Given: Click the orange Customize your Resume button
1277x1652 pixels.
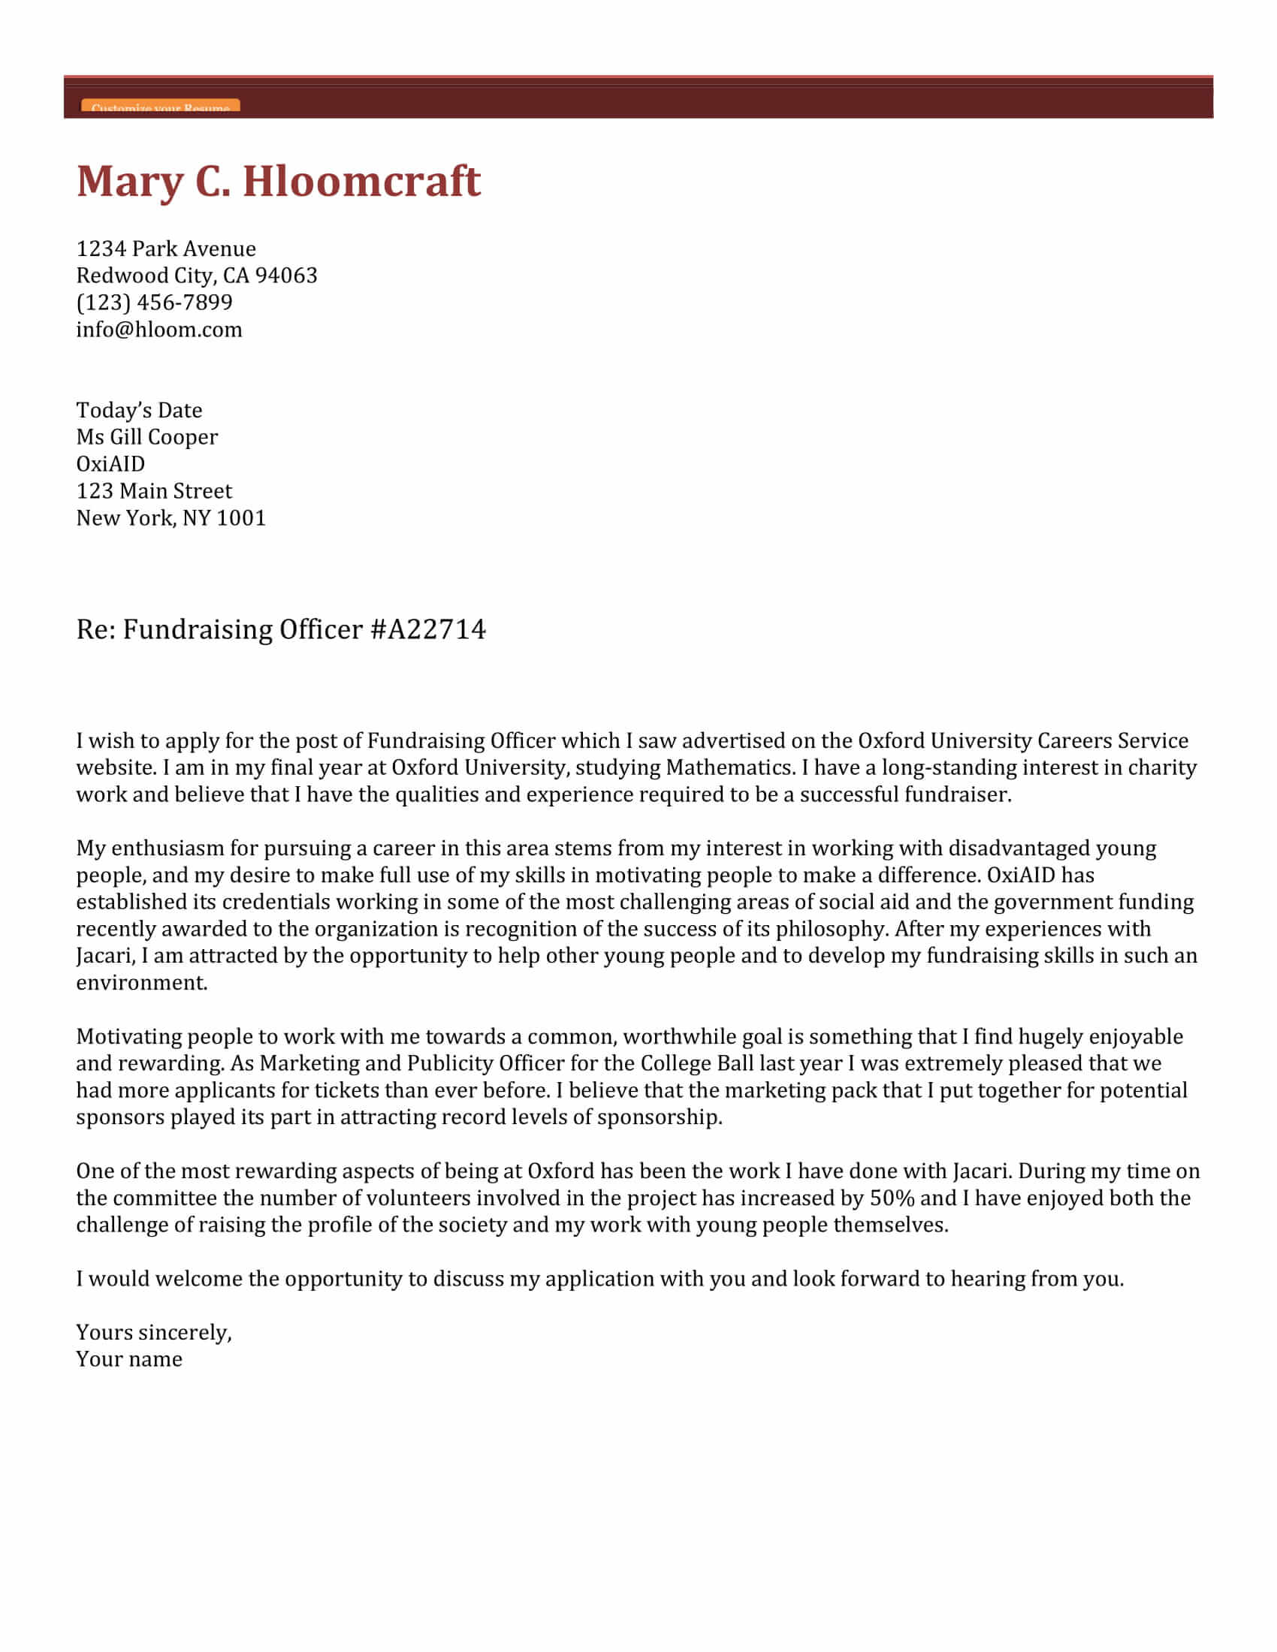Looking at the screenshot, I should (161, 106).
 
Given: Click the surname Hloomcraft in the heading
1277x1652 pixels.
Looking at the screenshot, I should (361, 182).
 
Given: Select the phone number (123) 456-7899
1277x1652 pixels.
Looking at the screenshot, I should (154, 303).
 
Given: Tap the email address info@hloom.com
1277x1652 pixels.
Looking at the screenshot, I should (158, 330).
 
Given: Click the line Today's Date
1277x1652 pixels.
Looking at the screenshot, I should (139, 411).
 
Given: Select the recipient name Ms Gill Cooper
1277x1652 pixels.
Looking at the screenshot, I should (146, 437).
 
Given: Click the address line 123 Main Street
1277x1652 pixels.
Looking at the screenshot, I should (153, 492).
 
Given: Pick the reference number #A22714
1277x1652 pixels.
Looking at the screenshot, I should (428, 630).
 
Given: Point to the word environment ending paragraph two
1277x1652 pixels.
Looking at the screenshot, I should (140, 984).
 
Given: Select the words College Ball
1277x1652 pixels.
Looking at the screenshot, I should (697, 1064).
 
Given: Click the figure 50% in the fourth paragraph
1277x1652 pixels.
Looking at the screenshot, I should (892, 1199).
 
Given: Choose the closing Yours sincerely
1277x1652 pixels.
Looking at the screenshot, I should (153, 1333).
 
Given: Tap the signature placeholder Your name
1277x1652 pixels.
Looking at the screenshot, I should (128, 1360).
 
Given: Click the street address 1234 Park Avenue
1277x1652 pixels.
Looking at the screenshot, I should (166, 249).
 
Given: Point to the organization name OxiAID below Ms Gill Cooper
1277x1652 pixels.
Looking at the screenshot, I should (110, 464).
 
